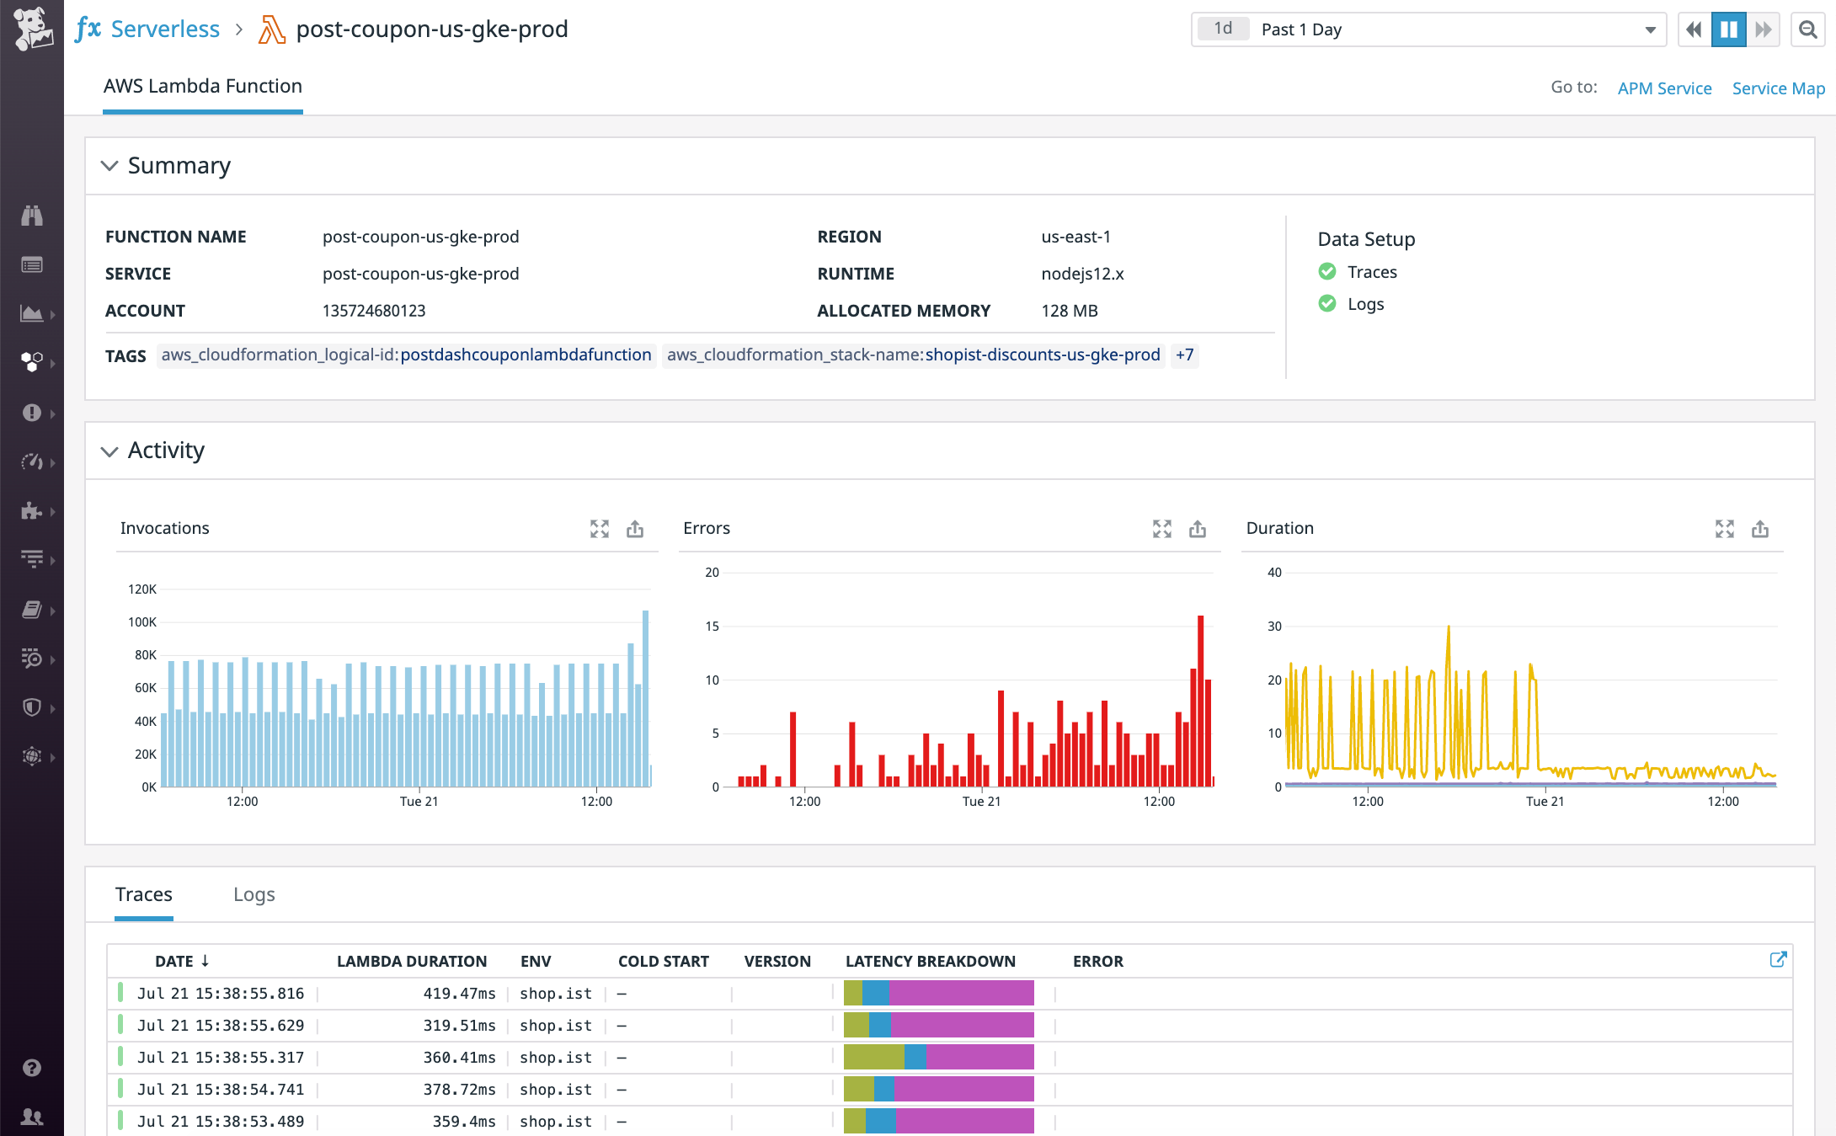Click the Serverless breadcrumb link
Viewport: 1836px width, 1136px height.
click(164, 29)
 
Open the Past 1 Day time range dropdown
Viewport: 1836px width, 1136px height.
click(1428, 29)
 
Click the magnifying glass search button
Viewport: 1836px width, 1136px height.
click(1807, 29)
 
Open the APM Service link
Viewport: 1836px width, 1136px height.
click(1664, 88)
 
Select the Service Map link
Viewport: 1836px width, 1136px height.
click(1778, 88)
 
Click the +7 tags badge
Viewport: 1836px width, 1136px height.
click(1184, 355)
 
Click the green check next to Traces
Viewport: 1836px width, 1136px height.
click(1327, 271)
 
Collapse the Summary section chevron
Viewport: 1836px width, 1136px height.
click(109, 166)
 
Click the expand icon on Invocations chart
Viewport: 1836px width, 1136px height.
click(599, 529)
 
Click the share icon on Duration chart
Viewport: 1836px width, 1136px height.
click(1759, 529)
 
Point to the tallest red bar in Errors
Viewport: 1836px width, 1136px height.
click(1200, 699)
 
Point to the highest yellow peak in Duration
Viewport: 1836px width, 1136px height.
click(1449, 627)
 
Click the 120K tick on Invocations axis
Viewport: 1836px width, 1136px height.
click(141, 589)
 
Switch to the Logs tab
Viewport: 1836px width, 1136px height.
click(254, 894)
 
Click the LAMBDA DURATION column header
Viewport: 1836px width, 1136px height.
click(411, 961)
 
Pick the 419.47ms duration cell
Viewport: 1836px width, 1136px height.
click(459, 994)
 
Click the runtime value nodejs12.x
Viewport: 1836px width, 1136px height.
click(1082, 274)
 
